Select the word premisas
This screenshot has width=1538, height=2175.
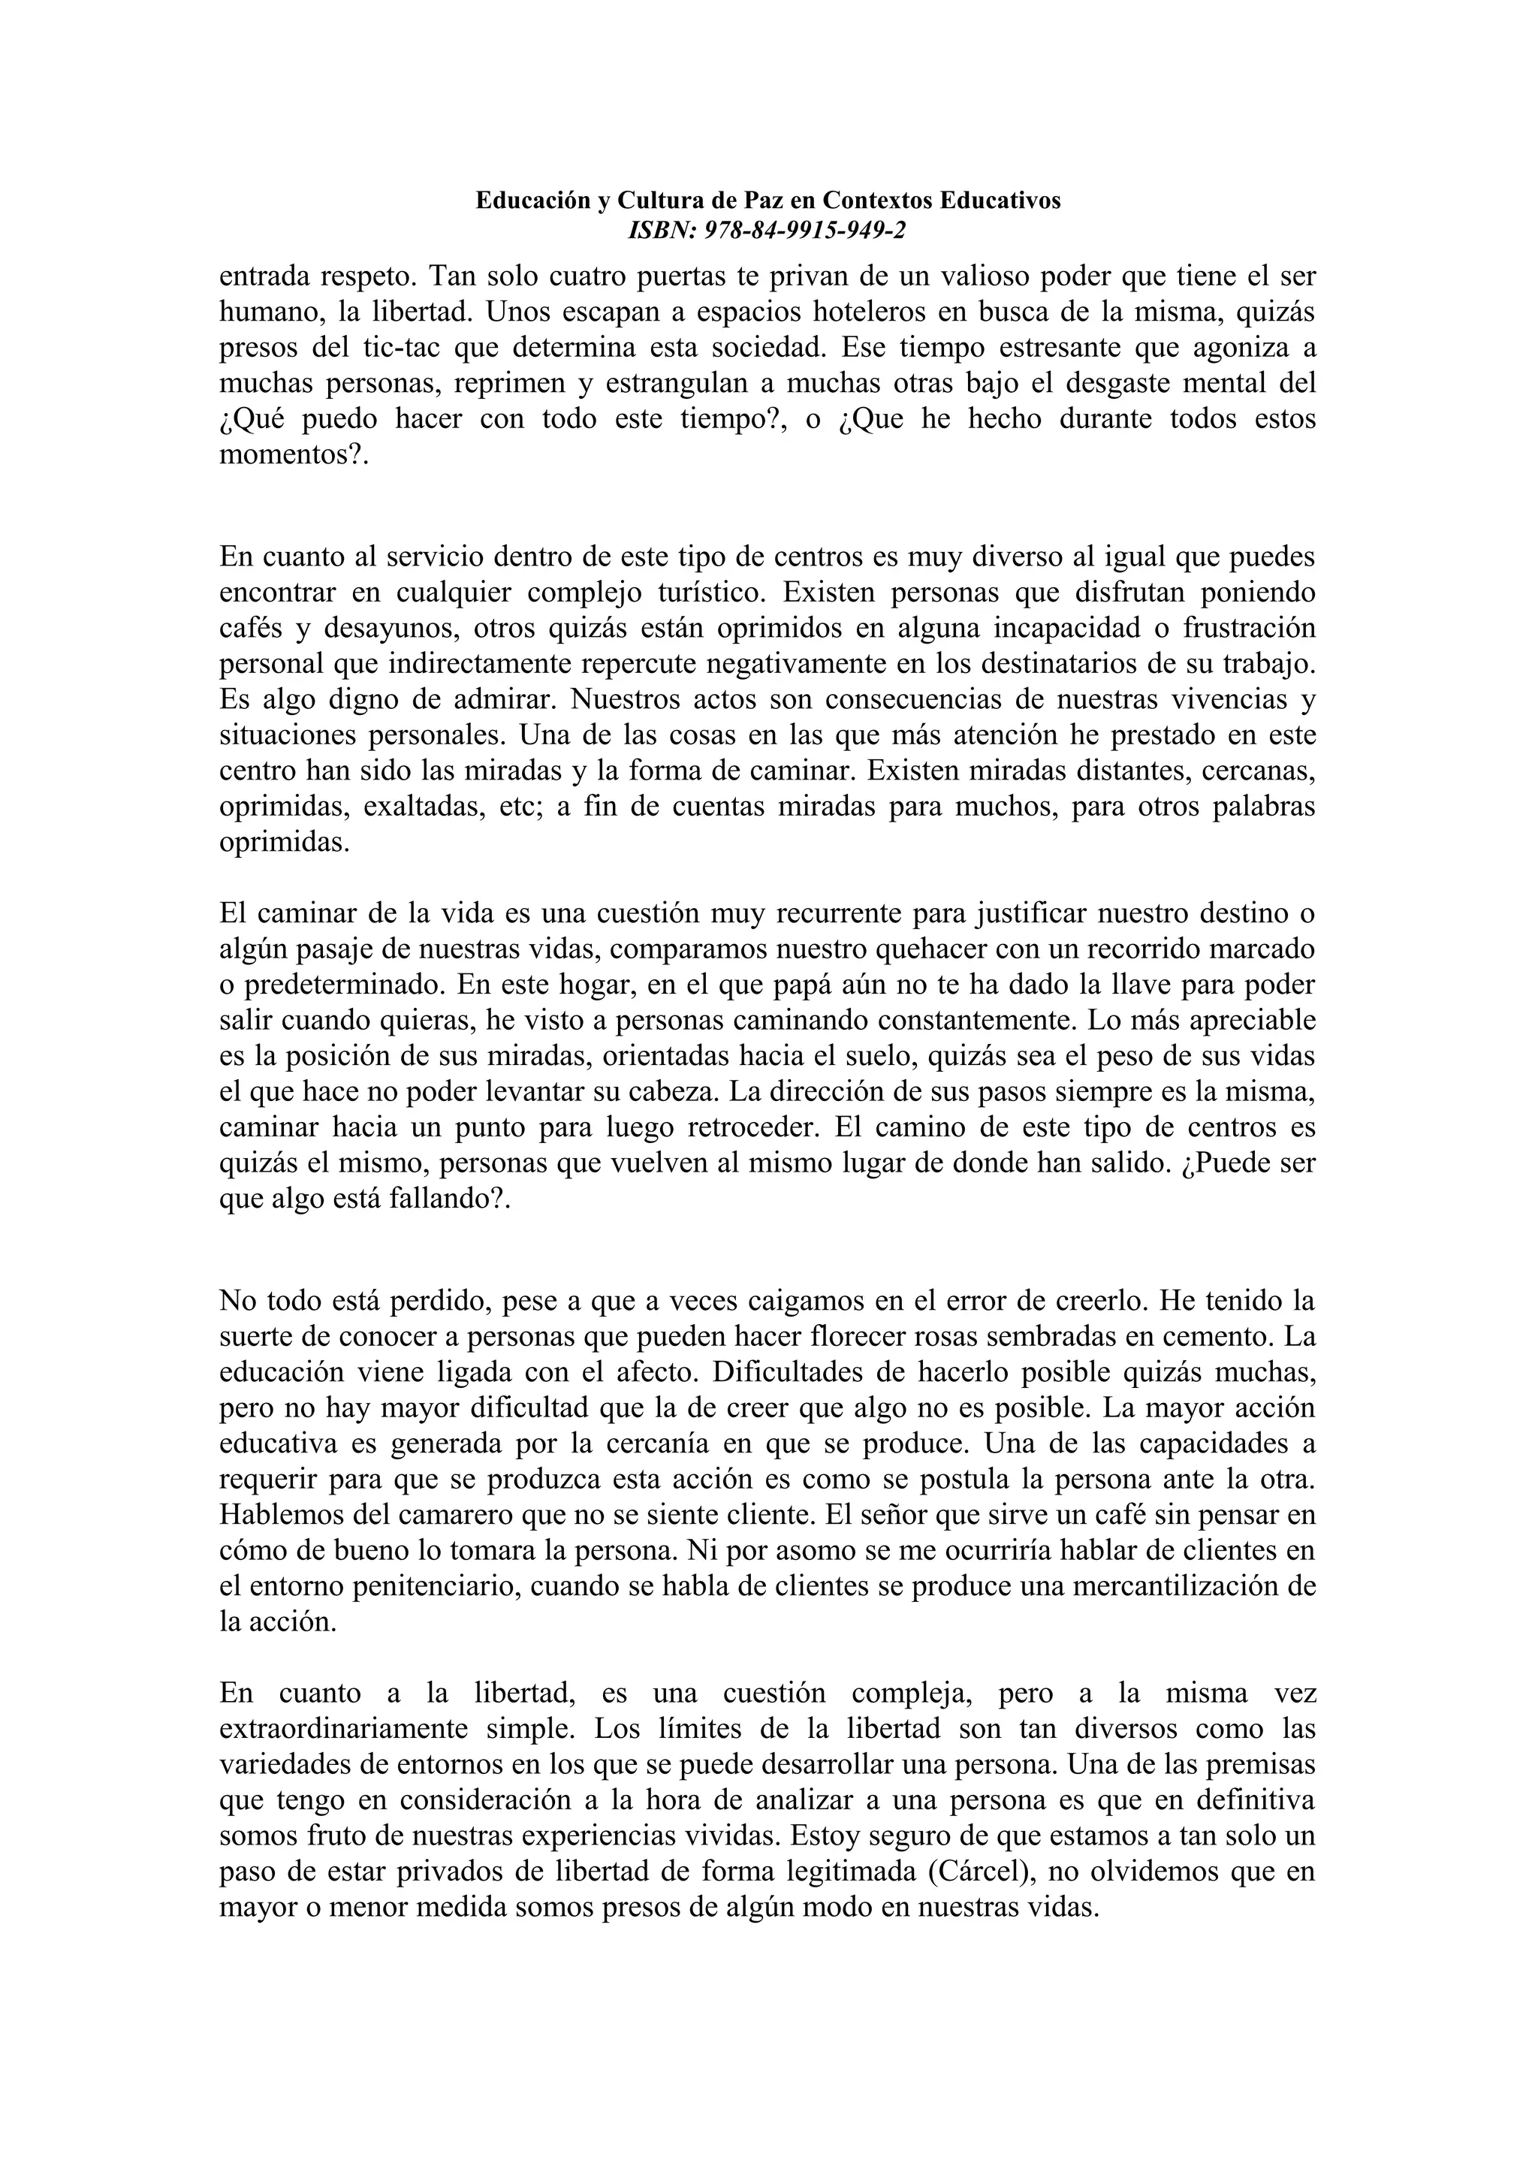tap(1259, 1764)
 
